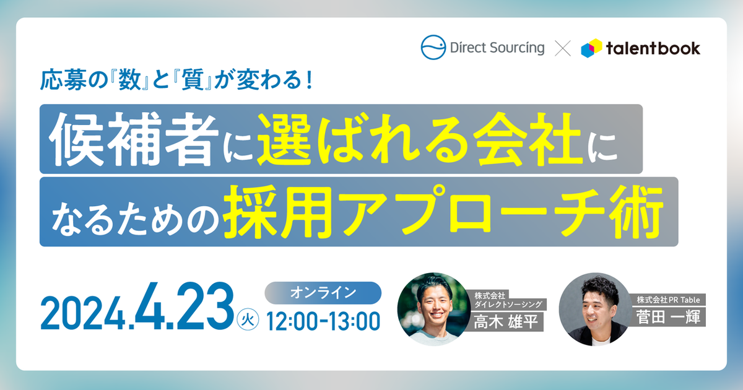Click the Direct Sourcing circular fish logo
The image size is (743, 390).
click(433, 48)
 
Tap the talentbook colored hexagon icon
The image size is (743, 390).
click(591, 48)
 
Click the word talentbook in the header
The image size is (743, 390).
click(653, 48)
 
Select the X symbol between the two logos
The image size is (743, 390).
click(563, 48)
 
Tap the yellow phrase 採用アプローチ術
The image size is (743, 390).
click(443, 212)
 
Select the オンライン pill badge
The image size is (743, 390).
click(323, 293)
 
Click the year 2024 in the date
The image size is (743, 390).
click(82, 313)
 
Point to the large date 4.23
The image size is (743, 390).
click(185, 306)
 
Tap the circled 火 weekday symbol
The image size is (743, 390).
click(248, 319)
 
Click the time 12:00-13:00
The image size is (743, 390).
click(323, 321)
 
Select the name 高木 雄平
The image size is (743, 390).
click(506, 321)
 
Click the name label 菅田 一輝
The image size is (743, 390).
click(668, 317)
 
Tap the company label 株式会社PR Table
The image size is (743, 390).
click(668, 300)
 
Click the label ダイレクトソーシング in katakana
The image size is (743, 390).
click(508, 304)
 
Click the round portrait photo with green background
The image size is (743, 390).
click(434, 309)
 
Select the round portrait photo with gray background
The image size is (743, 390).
click(596, 309)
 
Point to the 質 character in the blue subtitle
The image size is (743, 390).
click(193, 80)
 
